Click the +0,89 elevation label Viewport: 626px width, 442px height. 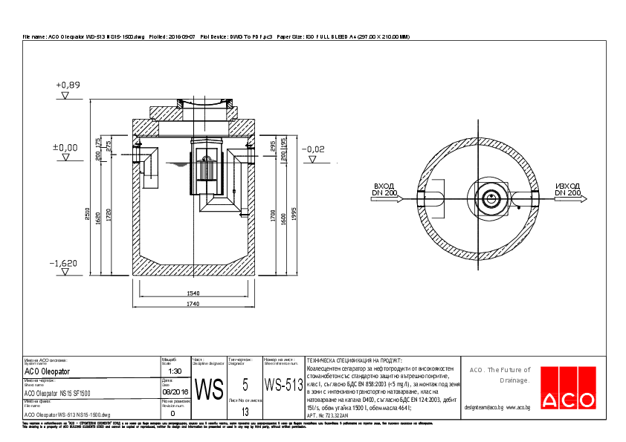[67, 85]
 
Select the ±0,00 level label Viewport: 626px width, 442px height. [65, 148]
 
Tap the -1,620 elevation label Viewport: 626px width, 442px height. [63, 264]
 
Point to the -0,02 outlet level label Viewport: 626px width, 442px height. [314, 150]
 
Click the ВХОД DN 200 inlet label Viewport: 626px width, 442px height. [384, 189]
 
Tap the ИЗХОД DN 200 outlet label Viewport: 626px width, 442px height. [568, 189]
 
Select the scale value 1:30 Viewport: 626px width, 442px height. [175, 370]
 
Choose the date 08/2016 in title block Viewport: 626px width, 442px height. [175, 390]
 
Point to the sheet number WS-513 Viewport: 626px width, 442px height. [284, 386]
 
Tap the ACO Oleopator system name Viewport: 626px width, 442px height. [48, 371]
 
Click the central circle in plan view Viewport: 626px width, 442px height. [490, 198]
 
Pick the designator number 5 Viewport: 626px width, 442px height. [245, 384]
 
